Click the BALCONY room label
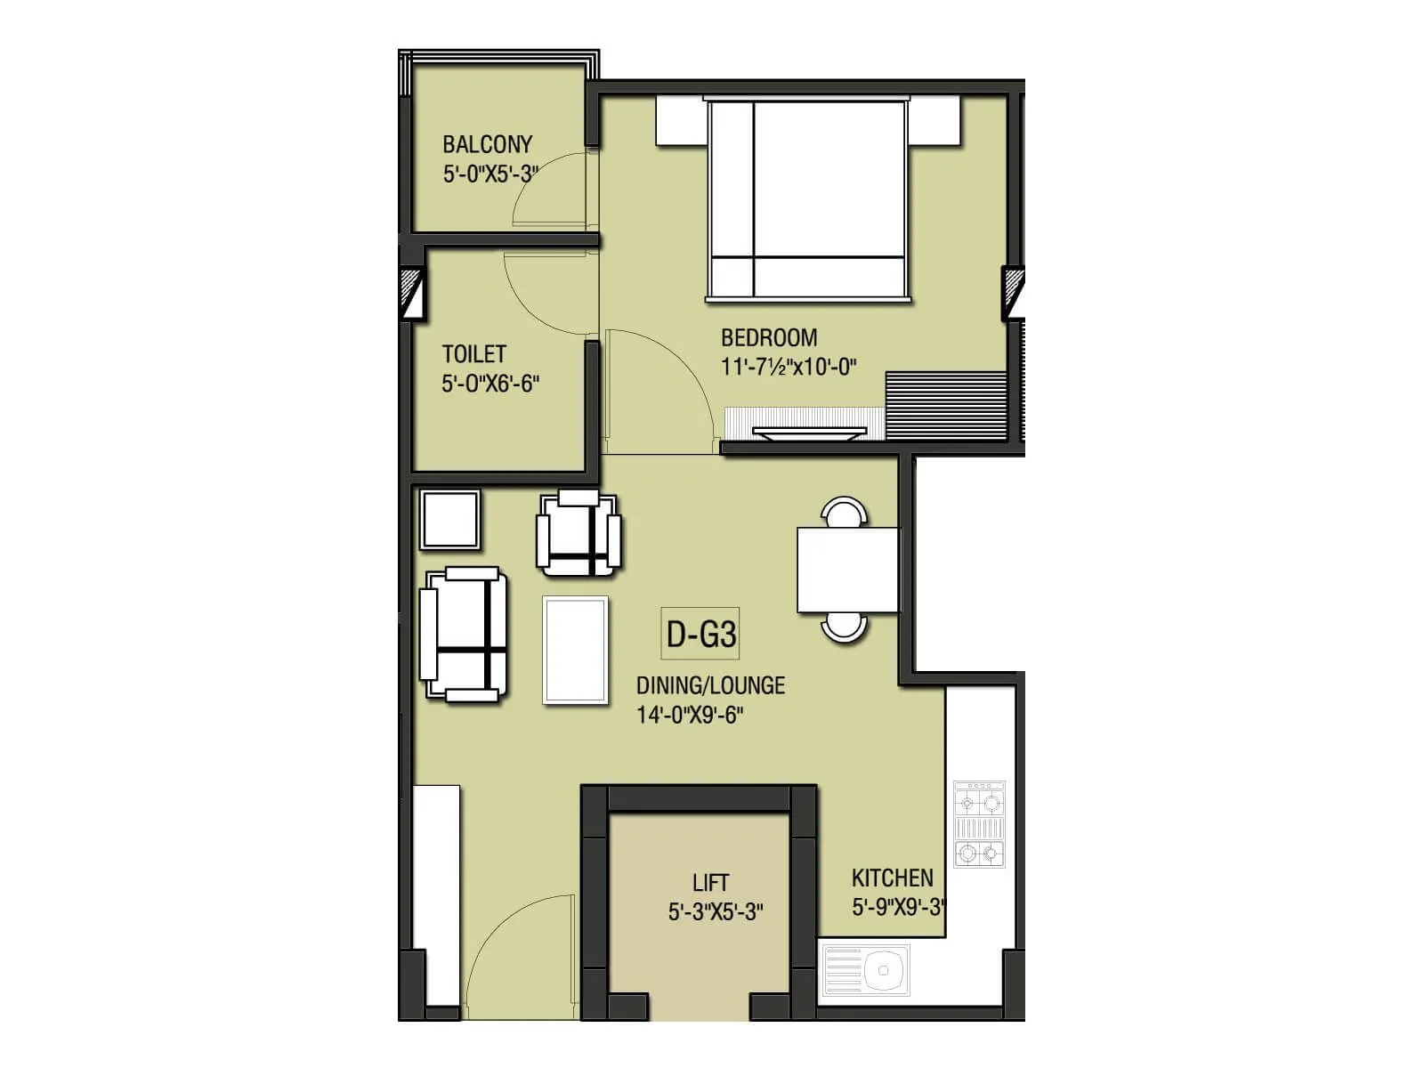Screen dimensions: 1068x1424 point(488,144)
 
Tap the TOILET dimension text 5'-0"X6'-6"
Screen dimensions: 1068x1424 point(490,384)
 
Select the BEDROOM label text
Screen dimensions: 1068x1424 point(769,338)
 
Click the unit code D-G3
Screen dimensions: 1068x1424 point(701,635)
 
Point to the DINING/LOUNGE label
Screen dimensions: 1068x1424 point(710,685)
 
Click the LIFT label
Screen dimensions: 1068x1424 point(710,883)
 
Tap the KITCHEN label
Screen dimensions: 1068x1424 point(892,878)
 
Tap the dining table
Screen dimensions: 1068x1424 point(848,570)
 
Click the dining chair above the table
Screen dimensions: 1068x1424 point(844,513)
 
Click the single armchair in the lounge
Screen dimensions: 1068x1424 point(578,533)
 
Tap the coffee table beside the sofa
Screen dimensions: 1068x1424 point(576,651)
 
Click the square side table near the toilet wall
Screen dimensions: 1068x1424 point(450,520)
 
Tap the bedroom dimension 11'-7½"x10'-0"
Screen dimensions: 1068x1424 point(789,367)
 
